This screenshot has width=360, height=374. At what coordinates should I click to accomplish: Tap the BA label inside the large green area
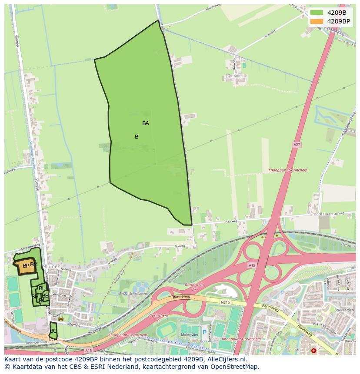[146, 123]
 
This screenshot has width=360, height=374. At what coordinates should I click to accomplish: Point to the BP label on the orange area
[26, 266]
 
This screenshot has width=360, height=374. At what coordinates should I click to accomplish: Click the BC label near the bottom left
[53, 331]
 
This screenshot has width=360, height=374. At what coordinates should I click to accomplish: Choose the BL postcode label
[41, 288]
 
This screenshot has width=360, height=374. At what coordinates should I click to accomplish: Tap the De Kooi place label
[234, 76]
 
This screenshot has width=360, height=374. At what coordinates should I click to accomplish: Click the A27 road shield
[297, 145]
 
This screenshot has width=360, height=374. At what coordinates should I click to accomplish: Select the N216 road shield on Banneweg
[225, 302]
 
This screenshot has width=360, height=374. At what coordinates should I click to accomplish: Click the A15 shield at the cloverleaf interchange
[252, 265]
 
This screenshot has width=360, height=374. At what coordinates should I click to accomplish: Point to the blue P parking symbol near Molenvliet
[204, 332]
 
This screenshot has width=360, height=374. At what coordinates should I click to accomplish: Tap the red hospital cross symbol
[314, 351]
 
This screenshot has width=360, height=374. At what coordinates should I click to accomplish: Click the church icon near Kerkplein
[60, 318]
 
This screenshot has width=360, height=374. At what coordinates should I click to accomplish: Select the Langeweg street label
[74, 324]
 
